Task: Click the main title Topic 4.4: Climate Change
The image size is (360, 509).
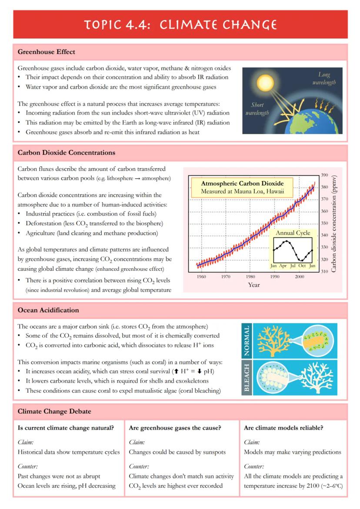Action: (x=180, y=24)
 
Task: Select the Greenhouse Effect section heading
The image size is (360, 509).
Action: (x=46, y=52)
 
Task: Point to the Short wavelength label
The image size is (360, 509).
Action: (x=257, y=109)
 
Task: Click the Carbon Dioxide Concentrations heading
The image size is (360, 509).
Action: (x=67, y=153)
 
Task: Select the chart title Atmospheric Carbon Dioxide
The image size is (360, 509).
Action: (x=242, y=183)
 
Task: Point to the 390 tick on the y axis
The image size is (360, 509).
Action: (x=324, y=175)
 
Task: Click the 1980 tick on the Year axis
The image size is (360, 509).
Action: (x=250, y=276)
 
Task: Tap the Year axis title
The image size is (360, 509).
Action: (x=254, y=285)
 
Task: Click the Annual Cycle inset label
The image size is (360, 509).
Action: (x=293, y=233)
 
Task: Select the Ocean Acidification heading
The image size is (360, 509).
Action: (x=48, y=310)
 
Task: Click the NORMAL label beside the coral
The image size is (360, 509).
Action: (x=247, y=340)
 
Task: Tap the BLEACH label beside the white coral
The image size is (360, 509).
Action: (x=247, y=377)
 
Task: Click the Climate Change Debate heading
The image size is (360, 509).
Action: (x=54, y=411)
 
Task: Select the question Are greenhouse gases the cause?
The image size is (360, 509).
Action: (x=175, y=428)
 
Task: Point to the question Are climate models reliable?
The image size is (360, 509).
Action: (x=283, y=428)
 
